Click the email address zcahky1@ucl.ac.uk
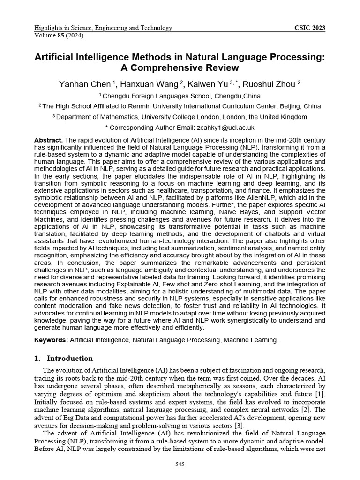[225, 127]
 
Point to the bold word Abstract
[48, 141]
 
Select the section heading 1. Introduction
[64, 359]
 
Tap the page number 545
[180, 464]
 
